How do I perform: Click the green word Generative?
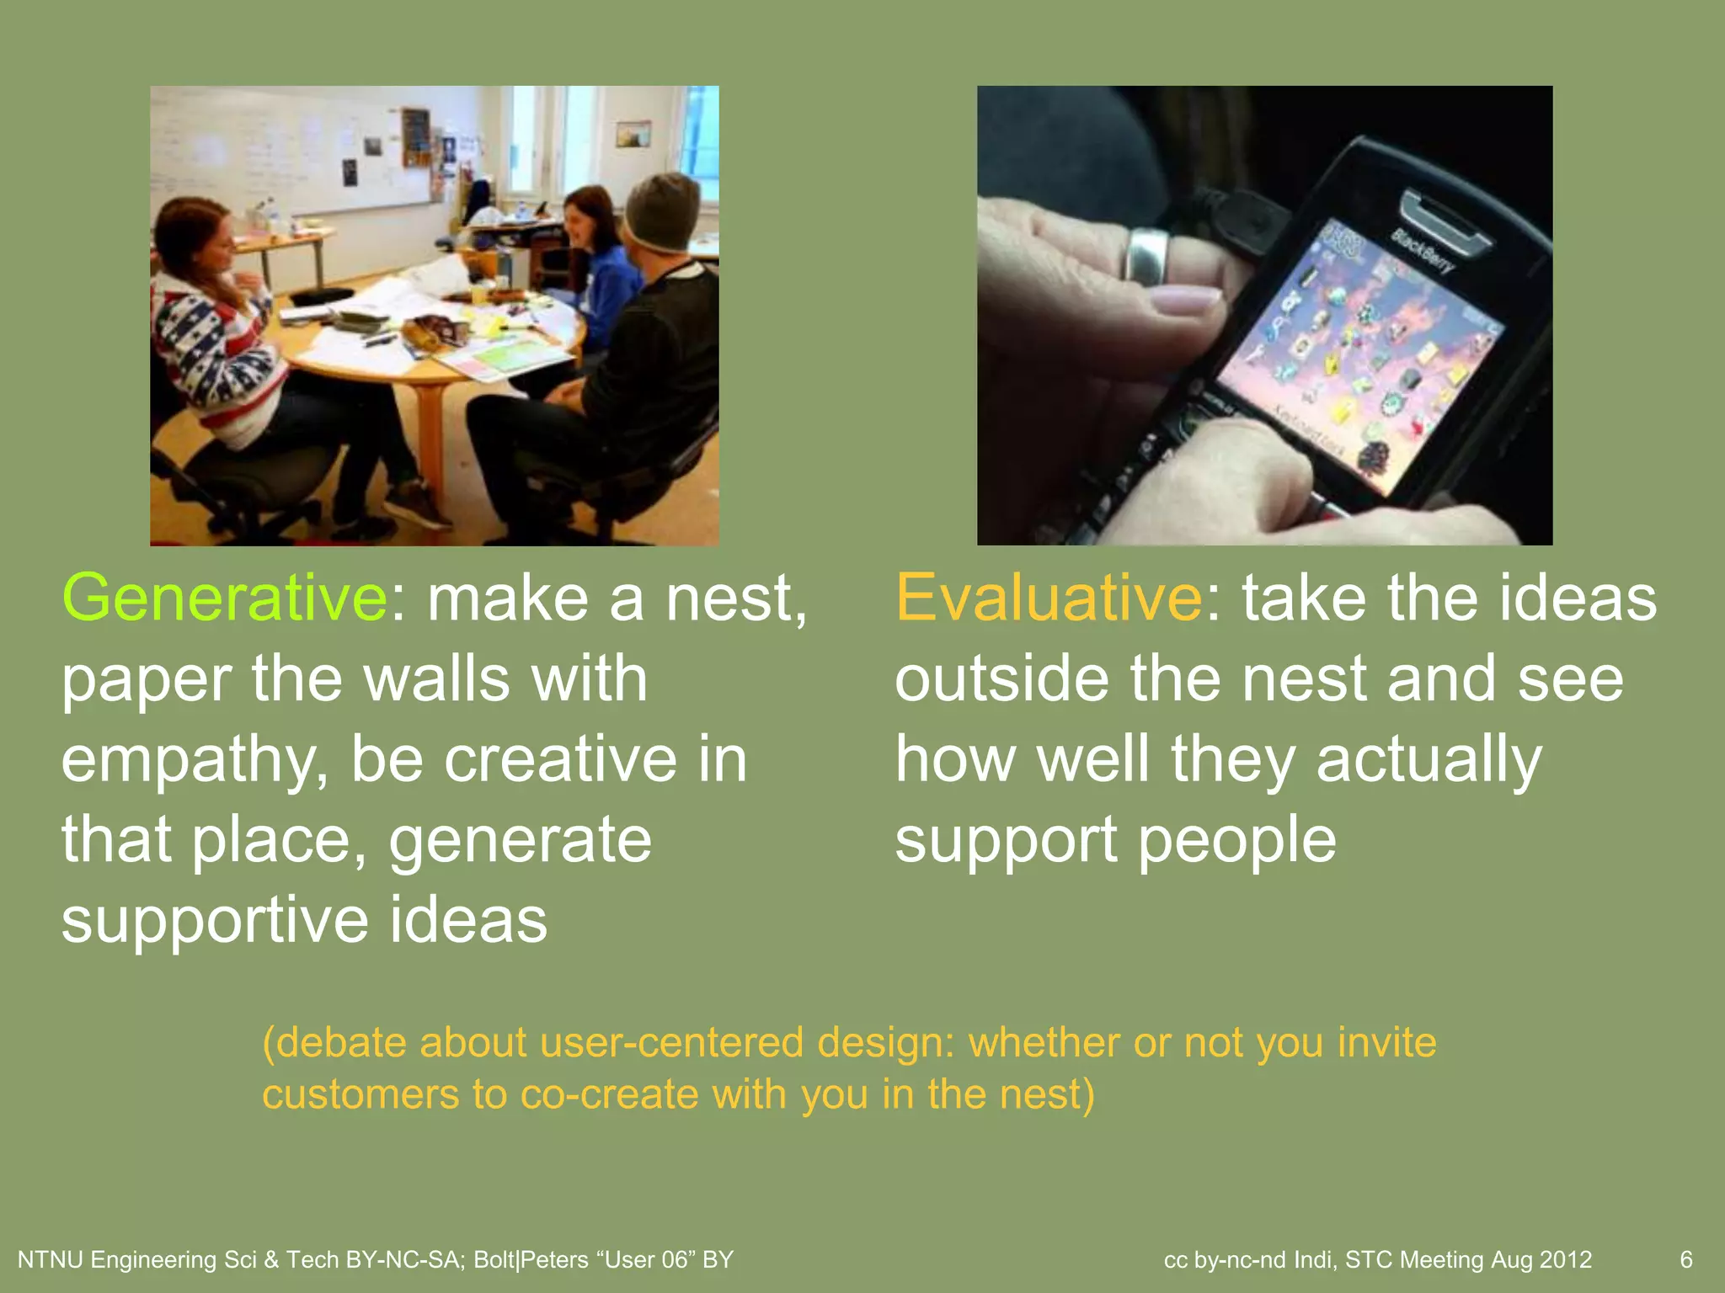click(x=225, y=598)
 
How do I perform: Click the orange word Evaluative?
click(x=1049, y=598)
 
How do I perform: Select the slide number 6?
click(x=1685, y=1259)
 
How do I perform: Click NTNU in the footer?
click(x=50, y=1259)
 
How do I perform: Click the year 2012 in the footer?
click(x=1566, y=1259)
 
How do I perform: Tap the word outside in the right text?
click(x=1001, y=678)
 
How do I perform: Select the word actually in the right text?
click(x=1429, y=760)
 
